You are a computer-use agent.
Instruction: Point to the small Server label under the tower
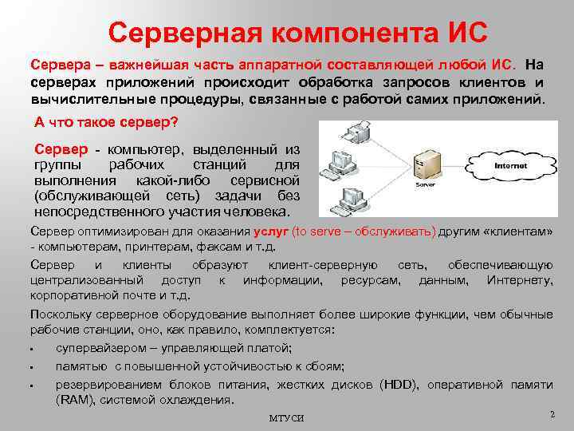click(x=425, y=184)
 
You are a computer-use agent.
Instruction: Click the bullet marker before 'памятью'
click(x=29, y=368)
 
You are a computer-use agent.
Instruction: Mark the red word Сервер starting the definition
click(x=61, y=148)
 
